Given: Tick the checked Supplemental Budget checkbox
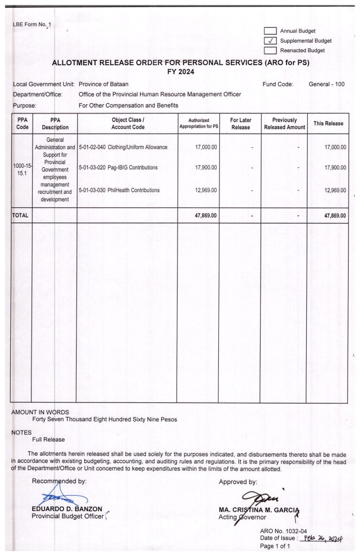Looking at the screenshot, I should coord(270,41).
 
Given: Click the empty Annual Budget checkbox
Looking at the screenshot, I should coord(270,31).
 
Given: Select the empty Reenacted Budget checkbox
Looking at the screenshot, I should coord(270,50).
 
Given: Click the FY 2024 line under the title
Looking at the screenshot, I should coord(181,72).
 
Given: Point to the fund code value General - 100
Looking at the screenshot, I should coord(326,84).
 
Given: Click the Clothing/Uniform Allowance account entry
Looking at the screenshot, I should coord(123,147).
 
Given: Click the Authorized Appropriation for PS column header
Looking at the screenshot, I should coord(199,123).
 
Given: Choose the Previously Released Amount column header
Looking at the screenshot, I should coord(285,123).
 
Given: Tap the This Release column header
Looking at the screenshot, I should coord(328,123).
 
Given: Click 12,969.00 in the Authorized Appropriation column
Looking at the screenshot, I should coord(205,190).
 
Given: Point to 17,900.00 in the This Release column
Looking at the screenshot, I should coord(334,168).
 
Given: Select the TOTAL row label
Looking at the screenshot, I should coord(20,216).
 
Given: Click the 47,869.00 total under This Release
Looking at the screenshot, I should coord(334,216).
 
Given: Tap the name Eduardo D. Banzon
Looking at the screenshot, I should coord(67,509).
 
